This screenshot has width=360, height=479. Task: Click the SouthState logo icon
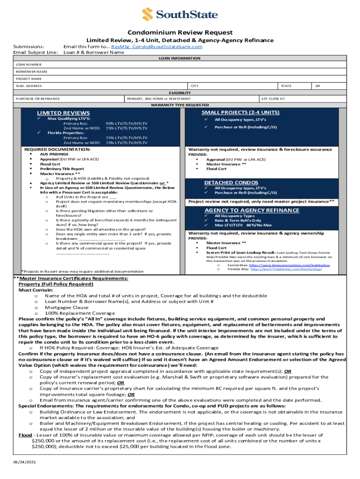149,15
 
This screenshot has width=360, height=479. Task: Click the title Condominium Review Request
180,32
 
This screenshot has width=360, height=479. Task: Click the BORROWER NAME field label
31,72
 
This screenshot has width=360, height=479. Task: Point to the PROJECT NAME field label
29,79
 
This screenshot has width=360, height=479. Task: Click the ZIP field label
318,86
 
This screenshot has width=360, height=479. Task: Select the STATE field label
286,86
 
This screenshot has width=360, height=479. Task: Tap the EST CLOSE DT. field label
274,99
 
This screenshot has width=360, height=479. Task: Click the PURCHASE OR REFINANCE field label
38,99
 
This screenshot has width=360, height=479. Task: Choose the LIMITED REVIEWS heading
64,113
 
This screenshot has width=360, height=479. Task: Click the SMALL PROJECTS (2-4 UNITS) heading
240,112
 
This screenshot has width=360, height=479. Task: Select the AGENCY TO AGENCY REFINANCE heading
252,210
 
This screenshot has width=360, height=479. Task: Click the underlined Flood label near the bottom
25,435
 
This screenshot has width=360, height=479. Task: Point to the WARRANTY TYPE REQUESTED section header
180,105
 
